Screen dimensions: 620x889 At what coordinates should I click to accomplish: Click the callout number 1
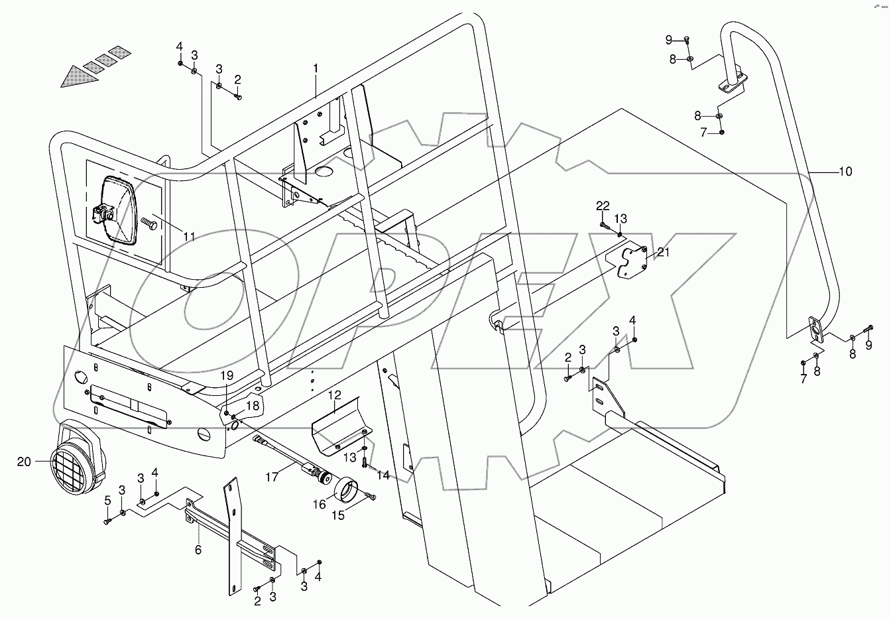(x=316, y=68)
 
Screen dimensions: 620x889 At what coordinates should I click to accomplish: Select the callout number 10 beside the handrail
(x=845, y=172)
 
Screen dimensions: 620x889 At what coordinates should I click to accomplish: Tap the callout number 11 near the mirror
(x=190, y=236)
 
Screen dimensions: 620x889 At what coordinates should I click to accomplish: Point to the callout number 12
(x=335, y=395)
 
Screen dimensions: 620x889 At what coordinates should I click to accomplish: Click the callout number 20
(x=24, y=462)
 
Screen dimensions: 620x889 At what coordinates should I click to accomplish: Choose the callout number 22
(x=602, y=206)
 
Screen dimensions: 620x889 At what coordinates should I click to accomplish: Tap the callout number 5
(x=108, y=500)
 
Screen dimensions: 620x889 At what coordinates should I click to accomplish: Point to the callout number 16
(x=320, y=504)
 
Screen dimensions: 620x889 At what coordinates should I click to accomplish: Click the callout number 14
(x=383, y=475)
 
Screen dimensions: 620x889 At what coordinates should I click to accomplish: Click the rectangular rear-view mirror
(x=118, y=210)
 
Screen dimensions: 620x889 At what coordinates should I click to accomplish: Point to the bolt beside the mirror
(x=150, y=227)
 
